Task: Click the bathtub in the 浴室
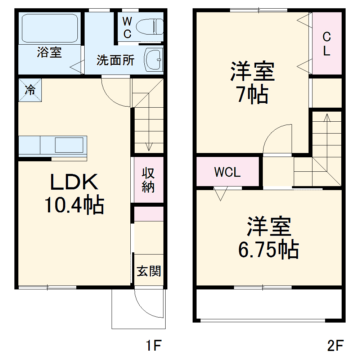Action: point(50,28)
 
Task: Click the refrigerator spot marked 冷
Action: point(30,90)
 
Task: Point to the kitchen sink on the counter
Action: point(70,145)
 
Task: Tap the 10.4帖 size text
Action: point(74,206)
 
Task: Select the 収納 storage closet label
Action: point(148,180)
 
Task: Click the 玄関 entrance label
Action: point(148,271)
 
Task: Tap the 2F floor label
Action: point(335,346)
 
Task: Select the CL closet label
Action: point(327,44)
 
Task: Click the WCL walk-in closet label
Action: point(227,172)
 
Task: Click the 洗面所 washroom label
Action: point(115,60)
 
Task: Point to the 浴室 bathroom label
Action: point(49,53)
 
